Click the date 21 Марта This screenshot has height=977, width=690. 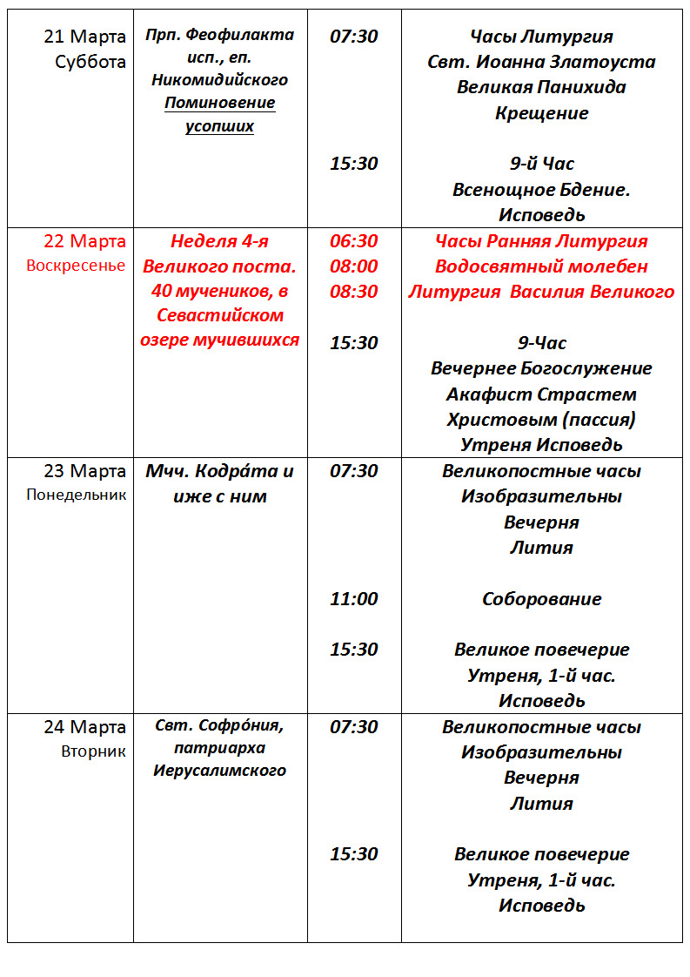(x=84, y=37)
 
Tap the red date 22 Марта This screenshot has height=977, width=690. (x=84, y=241)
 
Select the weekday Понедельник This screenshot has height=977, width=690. (x=77, y=495)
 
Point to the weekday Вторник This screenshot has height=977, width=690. (x=93, y=751)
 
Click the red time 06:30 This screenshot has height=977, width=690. (x=353, y=241)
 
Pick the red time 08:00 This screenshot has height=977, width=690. (x=353, y=266)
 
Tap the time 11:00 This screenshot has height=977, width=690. (x=353, y=599)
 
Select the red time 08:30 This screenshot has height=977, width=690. (x=353, y=292)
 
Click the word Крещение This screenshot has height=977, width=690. (x=541, y=113)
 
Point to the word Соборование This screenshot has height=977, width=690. (x=541, y=599)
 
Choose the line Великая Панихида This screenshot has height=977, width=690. (x=541, y=87)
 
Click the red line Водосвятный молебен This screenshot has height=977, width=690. (x=541, y=266)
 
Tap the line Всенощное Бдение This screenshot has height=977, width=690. (x=541, y=189)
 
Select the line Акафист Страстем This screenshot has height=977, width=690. (x=541, y=394)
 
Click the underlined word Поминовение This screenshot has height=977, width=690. (x=219, y=104)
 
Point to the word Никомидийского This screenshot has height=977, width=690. (x=219, y=80)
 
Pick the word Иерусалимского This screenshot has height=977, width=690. (x=219, y=771)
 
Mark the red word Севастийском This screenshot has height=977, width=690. (x=219, y=315)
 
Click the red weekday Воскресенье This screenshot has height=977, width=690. (x=77, y=266)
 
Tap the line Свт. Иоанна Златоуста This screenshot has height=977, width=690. (x=541, y=62)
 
